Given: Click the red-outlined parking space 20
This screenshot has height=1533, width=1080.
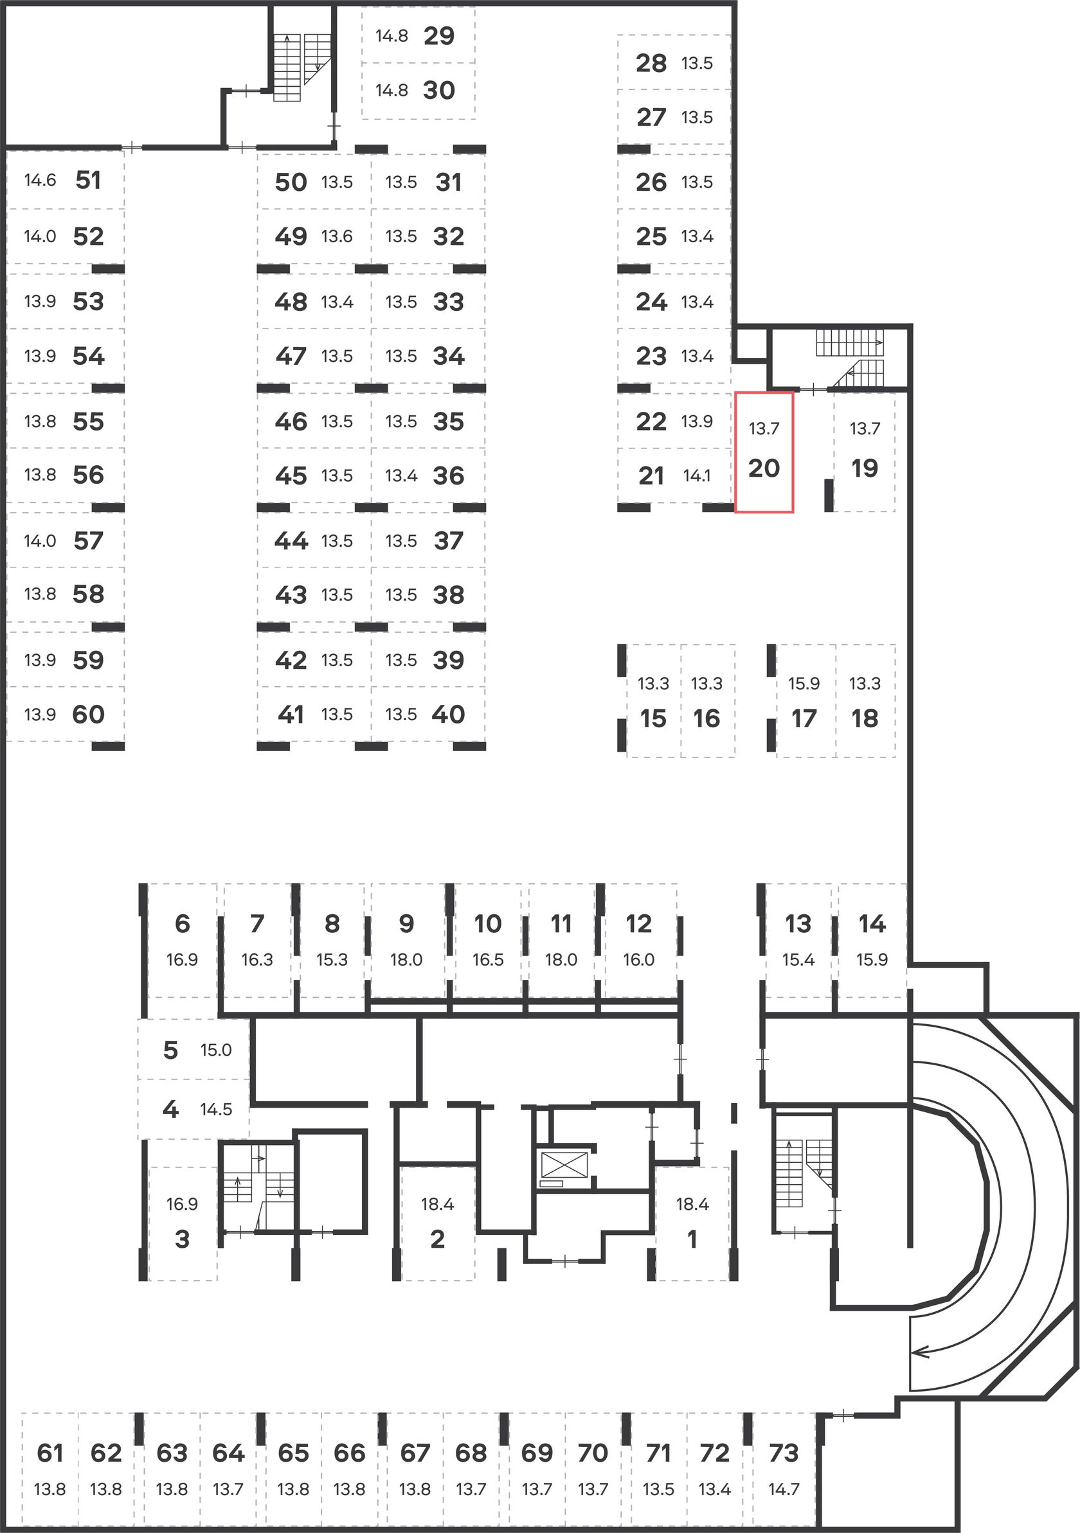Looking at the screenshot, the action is [764, 452].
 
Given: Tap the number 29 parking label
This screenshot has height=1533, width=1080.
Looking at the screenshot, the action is [439, 36].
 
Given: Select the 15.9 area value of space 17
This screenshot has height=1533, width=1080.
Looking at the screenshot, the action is [804, 683].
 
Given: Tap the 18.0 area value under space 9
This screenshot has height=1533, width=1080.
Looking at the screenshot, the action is [406, 959].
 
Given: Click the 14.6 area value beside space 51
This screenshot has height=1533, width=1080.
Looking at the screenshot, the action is [40, 181].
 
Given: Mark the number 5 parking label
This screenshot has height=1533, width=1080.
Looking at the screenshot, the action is [170, 1050].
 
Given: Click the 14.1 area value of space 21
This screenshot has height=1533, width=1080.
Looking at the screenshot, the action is [697, 475].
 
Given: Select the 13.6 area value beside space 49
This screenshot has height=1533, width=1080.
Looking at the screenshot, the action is [337, 236].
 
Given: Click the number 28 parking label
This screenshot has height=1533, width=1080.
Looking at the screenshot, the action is [651, 64].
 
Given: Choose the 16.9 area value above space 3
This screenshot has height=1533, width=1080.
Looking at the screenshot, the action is [182, 1204].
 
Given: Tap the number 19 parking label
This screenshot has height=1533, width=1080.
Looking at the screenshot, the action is [864, 468].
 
